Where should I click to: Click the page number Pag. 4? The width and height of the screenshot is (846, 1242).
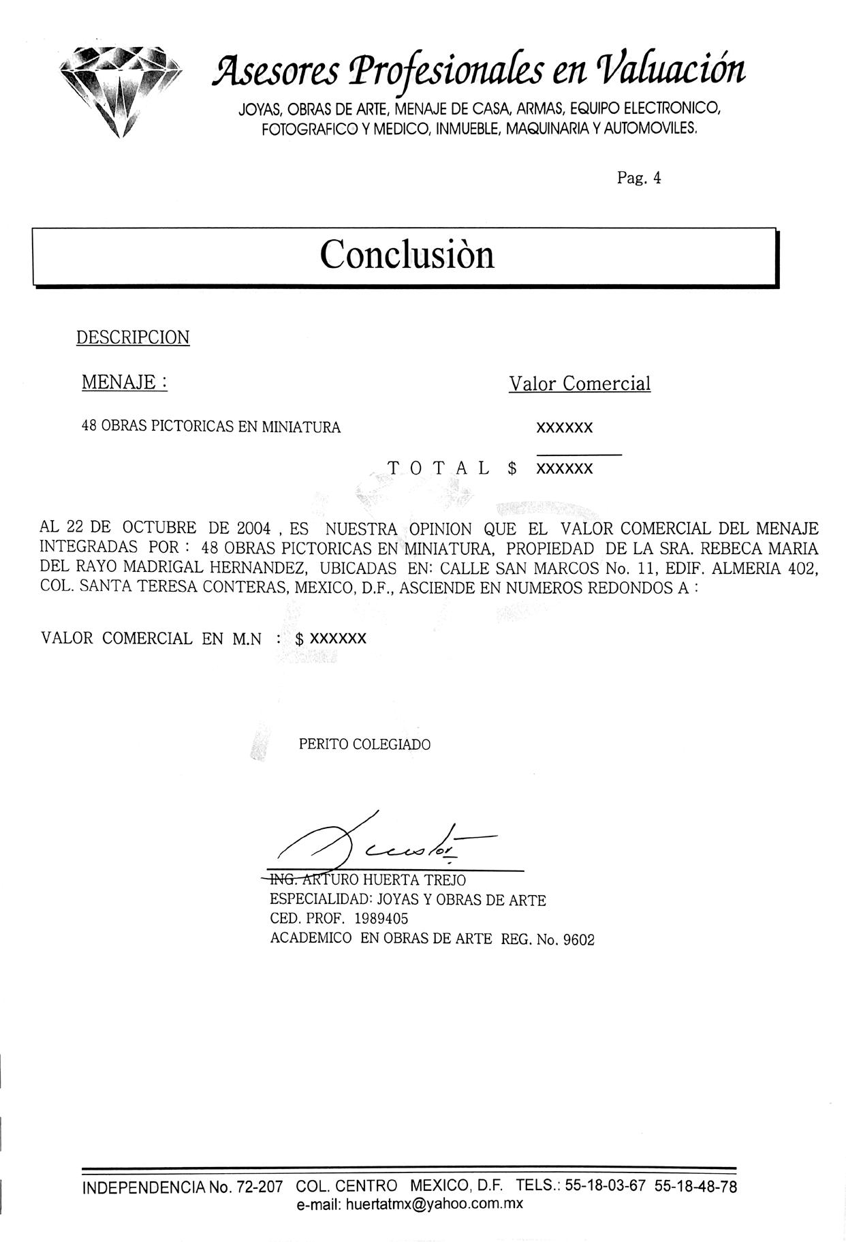coord(639,178)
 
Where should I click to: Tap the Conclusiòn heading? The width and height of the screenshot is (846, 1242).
coord(407,255)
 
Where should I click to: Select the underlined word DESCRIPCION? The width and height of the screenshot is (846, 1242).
coord(133,337)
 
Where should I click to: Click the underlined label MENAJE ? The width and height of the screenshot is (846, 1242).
coord(125,382)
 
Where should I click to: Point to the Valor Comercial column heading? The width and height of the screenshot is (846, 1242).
coord(580,384)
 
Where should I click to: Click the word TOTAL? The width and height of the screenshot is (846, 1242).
coord(439,468)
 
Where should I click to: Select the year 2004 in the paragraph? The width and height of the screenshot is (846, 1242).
coord(254,528)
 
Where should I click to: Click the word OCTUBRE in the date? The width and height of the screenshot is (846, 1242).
coord(159,528)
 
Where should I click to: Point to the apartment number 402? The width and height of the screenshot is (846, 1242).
coord(802,568)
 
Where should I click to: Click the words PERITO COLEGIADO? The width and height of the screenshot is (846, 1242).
coord(364,744)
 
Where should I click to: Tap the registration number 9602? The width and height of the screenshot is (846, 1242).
coord(579,940)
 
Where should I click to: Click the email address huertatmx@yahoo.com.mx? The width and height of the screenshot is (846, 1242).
coord(434,1203)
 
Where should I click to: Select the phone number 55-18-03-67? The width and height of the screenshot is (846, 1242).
coord(605,1185)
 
